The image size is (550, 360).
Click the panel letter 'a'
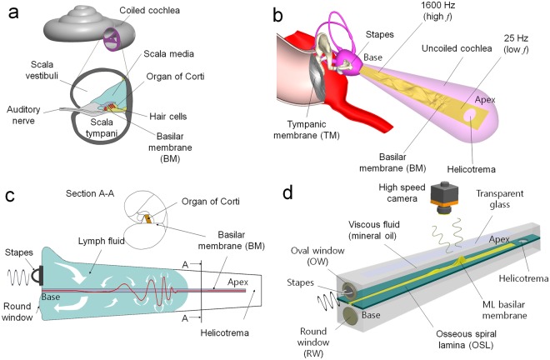pos(12,15)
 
